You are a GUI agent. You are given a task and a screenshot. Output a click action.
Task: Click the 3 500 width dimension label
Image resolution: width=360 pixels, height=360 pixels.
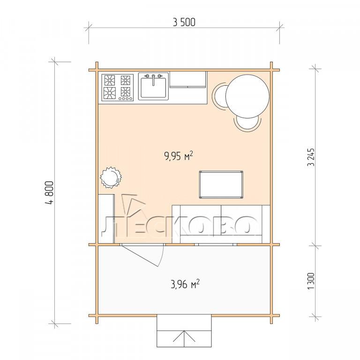[x=184, y=22]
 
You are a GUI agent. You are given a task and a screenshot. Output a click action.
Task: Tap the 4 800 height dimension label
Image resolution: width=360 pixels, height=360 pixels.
[x=50, y=192]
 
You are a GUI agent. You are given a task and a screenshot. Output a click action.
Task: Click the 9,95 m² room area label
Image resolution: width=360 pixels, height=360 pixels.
[x=179, y=156]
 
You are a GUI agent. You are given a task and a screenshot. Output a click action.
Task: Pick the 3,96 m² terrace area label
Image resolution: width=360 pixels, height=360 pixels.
[x=185, y=284]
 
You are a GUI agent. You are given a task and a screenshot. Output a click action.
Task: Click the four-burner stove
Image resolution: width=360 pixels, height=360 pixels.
[x=118, y=88]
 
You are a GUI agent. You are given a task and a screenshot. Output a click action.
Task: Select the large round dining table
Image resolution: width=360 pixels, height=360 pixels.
[x=247, y=96]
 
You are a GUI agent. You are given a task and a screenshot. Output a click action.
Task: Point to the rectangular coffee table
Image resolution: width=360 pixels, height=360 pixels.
[x=221, y=184]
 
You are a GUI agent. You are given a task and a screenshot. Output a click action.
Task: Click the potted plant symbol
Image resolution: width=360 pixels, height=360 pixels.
[x=111, y=177]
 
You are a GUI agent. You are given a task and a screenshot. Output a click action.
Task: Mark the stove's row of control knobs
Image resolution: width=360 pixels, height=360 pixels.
[x=125, y=99]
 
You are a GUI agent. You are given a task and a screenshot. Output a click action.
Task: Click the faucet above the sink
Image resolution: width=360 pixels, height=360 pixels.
[x=153, y=79]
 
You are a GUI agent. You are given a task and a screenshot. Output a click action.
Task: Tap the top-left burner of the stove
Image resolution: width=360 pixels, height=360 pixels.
[x=110, y=80]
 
